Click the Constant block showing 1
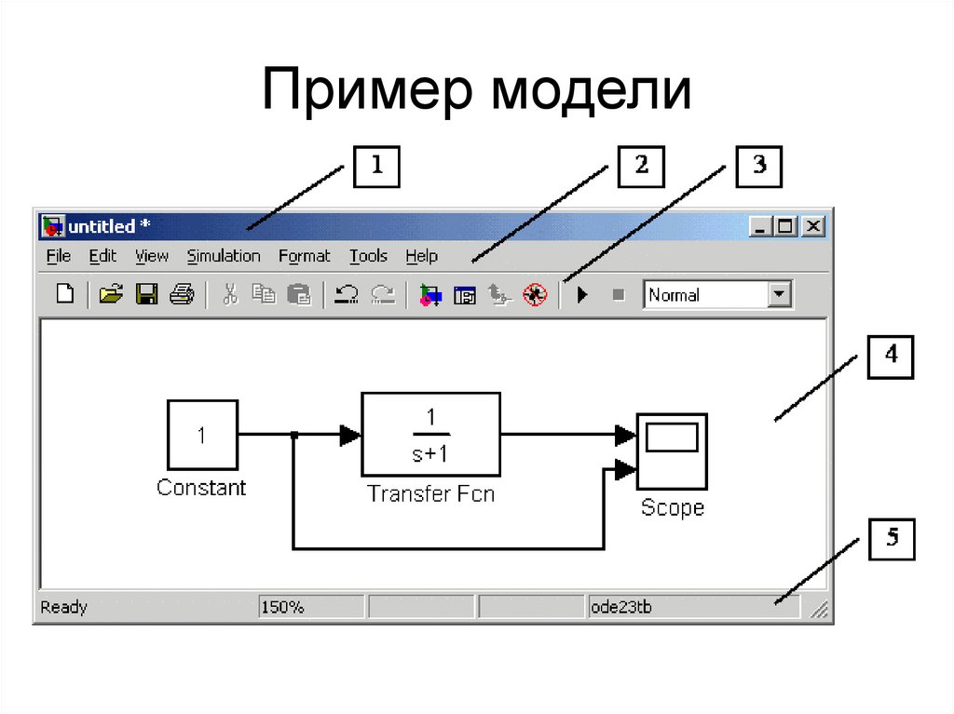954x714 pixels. point(202,435)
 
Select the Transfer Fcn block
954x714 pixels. point(430,434)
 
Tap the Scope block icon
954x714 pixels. point(672,451)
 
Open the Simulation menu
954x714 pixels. point(224,256)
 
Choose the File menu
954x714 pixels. point(58,256)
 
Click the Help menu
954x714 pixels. point(421,256)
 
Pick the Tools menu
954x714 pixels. point(368,256)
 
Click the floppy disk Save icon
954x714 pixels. point(146,295)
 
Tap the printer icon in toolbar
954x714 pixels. point(182,295)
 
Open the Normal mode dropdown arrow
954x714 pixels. point(779,295)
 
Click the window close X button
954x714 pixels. point(813,225)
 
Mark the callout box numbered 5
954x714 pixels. point(893,539)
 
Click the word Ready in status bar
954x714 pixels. point(64,608)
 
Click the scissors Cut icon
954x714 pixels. point(230,295)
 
